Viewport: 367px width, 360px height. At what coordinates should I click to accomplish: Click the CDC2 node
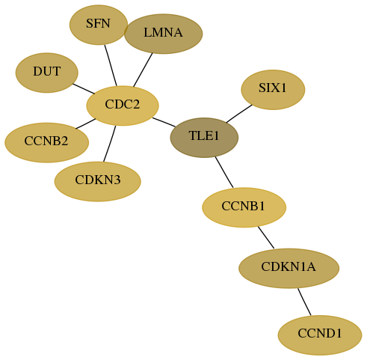[123, 106]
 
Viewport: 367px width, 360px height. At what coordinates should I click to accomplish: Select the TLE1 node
[204, 138]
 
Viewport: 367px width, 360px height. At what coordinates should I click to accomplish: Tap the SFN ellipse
[99, 25]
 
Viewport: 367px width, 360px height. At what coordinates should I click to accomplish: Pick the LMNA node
[163, 34]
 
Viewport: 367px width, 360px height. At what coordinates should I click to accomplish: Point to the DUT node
[47, 73]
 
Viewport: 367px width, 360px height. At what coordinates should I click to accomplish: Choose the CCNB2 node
[47, 142]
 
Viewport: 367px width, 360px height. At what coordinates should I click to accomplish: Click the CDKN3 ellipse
[98, 181]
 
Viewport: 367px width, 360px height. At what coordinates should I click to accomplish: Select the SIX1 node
[273, 90]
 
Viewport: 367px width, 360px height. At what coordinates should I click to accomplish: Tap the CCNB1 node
[244, 207]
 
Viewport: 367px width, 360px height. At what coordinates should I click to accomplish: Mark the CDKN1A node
[289, 268]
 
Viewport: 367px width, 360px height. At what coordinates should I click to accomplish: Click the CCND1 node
[320, 335]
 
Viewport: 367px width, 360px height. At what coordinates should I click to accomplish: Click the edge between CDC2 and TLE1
[164, 122]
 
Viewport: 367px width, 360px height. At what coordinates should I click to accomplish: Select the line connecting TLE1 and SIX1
[239, 114]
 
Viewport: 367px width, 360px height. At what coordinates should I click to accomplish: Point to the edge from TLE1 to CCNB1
[224, 172]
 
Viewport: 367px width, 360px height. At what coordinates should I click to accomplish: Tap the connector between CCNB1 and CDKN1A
[266, 237]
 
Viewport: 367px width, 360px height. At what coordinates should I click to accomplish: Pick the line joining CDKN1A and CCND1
[304, 302]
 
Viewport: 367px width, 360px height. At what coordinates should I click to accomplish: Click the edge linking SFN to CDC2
[111, 65]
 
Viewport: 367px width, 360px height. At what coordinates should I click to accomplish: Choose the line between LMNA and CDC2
[143, 70]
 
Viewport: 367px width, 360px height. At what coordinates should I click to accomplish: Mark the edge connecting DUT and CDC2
[84, 89]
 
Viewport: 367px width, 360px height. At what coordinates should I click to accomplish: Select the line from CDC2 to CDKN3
[110, 144]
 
